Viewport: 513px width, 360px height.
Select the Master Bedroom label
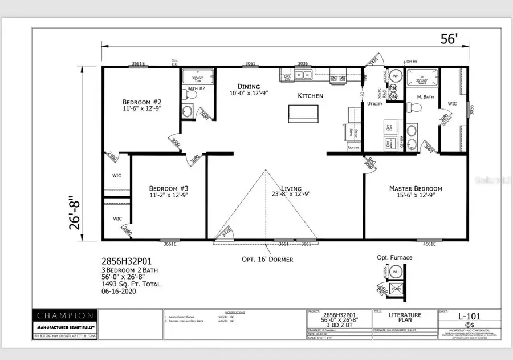point(416,188)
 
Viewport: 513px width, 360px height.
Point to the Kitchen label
point(310,96)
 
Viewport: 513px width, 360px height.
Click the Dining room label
point(249,86)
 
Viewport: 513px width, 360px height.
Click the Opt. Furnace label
point(394,257)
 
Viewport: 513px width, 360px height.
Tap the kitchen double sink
point(302,75)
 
